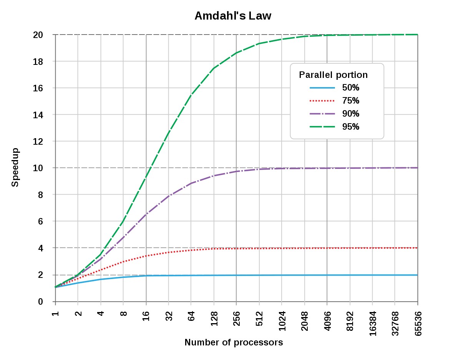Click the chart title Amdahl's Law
[x=233, y=16]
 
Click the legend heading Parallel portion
[x=333, y=75]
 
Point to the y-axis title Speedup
[x=15, y=167]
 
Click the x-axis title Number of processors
[x=234, y=342]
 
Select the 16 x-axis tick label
[x=146, y=315]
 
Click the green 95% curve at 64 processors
[x=191, y=94]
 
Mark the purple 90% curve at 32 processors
[x=169, y=196]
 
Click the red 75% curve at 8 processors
[x=123, y=262]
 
